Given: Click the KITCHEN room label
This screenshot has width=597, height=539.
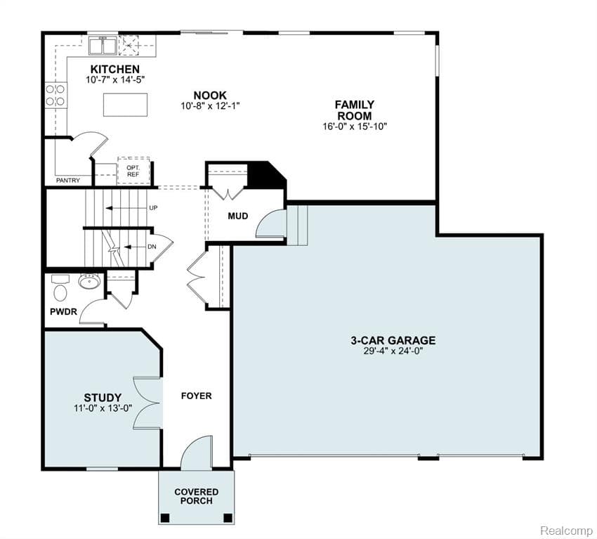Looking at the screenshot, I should (114, 69).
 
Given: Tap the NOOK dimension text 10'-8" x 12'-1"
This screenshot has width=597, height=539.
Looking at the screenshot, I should (210, 106).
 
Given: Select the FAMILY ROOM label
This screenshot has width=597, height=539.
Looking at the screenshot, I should (354, 110).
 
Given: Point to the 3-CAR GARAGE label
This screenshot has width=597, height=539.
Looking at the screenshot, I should (393, 340).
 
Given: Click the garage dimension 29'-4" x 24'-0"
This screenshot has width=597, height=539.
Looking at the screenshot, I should (393, 351).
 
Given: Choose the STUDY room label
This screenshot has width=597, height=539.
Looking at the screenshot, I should (103, 397).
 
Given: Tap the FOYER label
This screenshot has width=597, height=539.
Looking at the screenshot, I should (196, 396).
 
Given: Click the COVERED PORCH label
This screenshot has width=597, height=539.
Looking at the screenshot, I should (196, 496).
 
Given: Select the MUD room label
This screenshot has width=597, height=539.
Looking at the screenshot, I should (238, 216).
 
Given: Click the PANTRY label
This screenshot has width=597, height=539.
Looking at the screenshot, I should (68, 181).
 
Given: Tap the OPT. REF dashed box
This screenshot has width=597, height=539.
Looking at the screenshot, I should (133, 170).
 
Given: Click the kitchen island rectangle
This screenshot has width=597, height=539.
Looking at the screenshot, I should (126, 104).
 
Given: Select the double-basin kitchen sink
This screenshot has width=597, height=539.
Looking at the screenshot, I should (103, 46).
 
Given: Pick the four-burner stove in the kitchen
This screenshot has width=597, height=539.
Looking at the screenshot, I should (55, 95).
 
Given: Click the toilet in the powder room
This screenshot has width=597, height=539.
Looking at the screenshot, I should (60, 289).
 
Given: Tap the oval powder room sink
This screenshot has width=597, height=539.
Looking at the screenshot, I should (88, 283).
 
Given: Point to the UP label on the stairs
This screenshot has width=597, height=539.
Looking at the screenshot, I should (153, 208).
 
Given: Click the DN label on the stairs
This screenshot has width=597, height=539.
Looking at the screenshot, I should (152, 247).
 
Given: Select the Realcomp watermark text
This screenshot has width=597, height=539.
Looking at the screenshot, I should (566, 529).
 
